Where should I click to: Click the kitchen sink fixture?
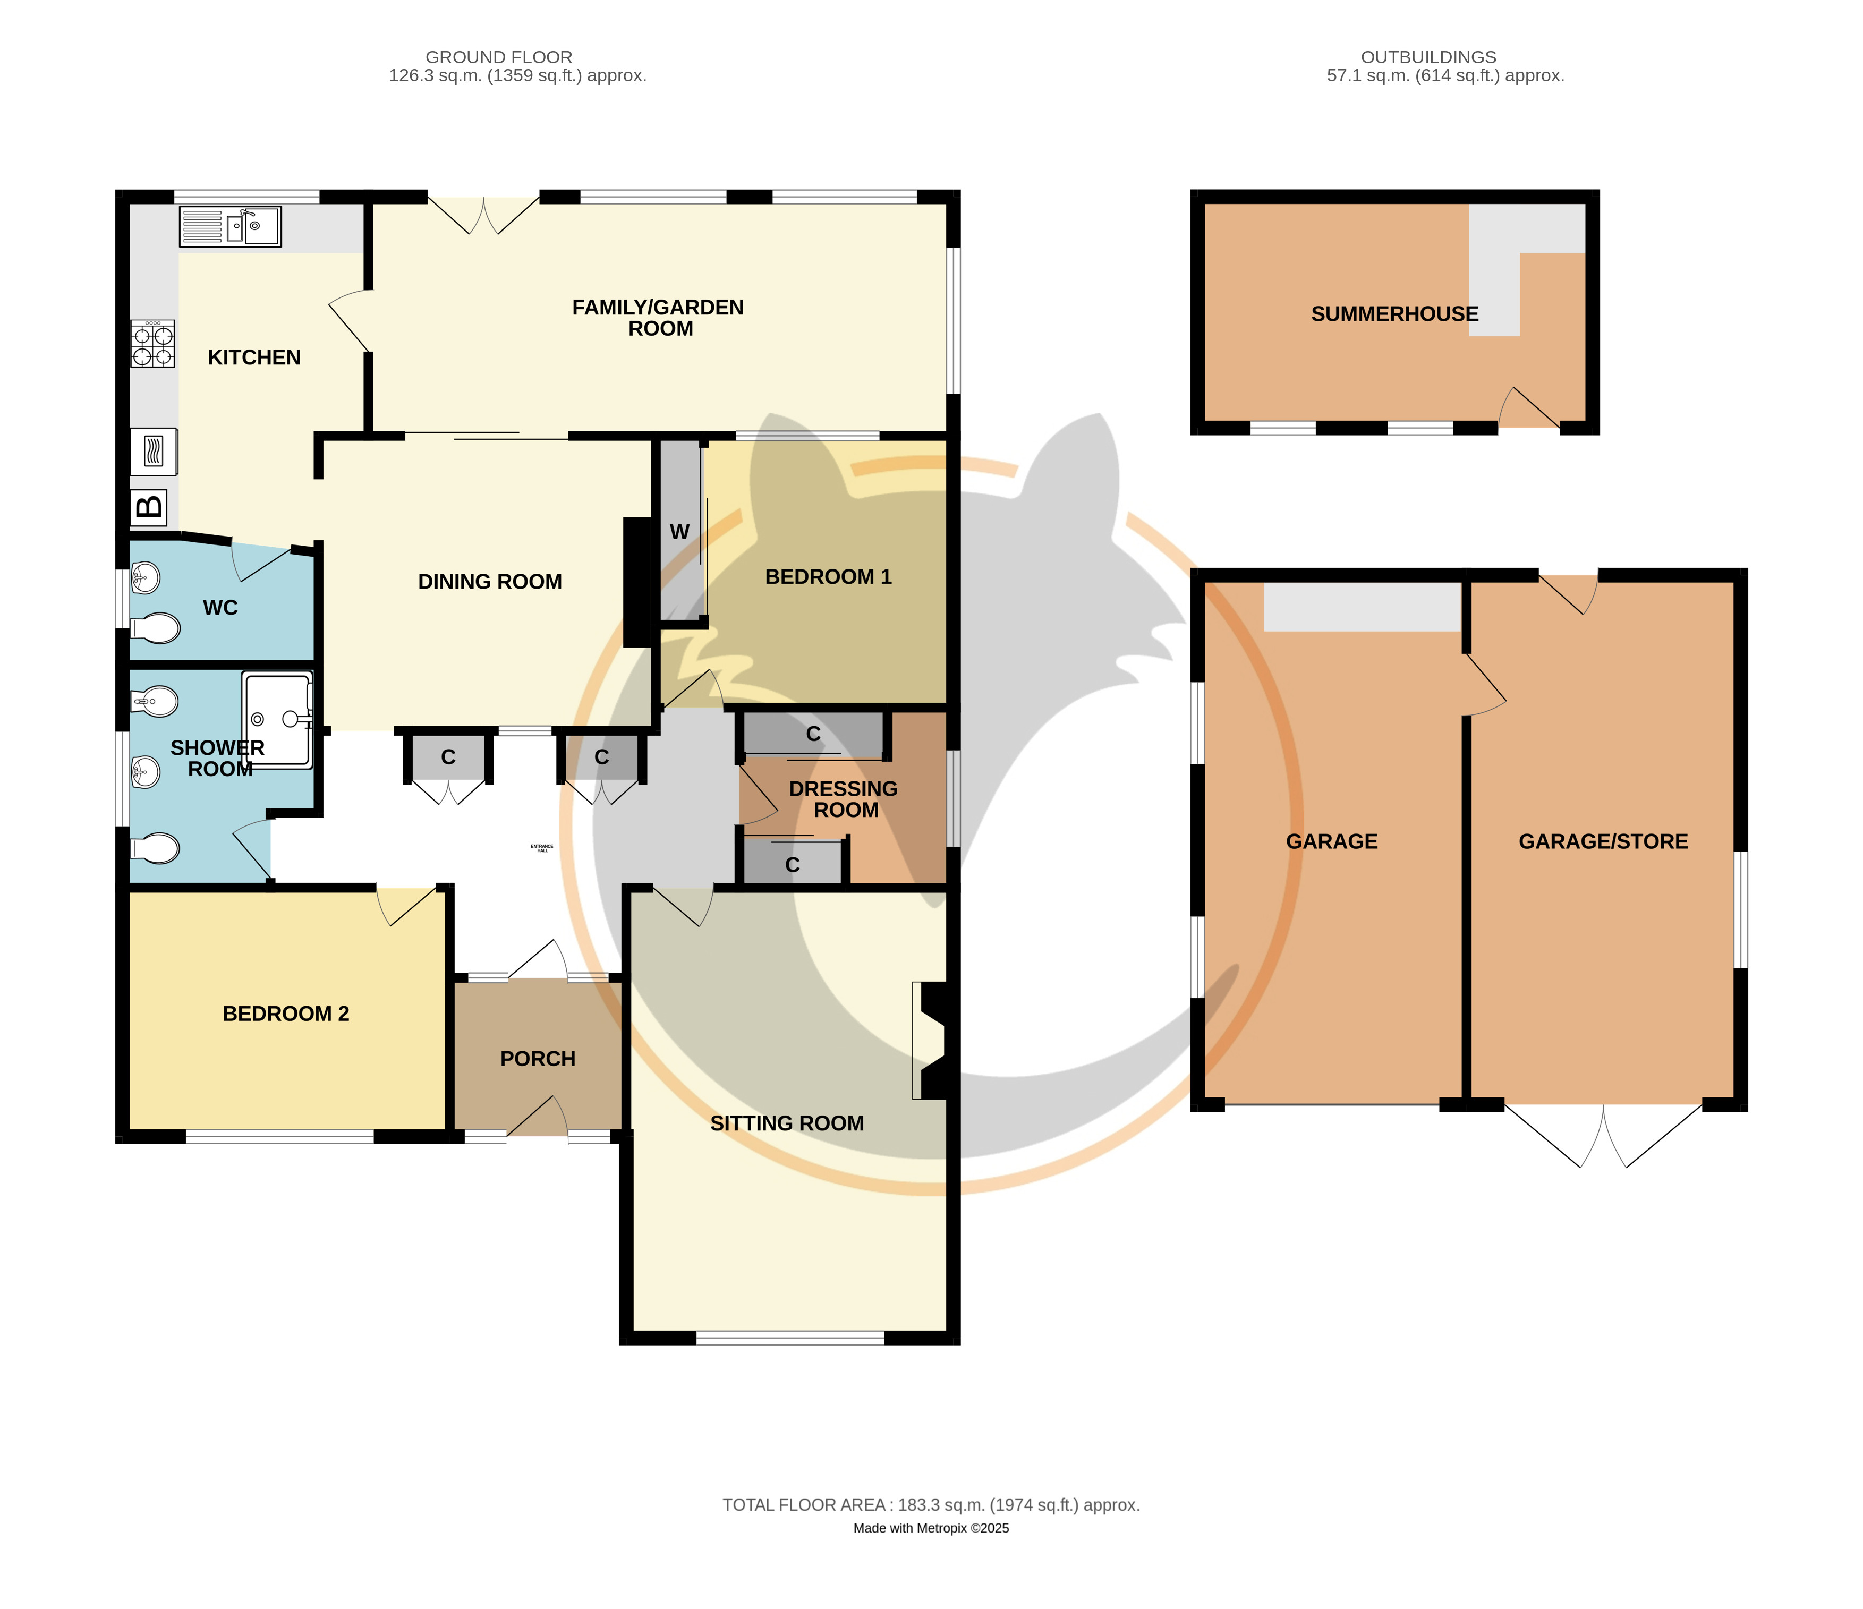[x=230, y=226]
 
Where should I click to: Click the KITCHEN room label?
[x=254, y=357]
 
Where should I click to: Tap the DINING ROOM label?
[x=490, y=582]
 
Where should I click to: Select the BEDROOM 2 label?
[x=286, y=1014]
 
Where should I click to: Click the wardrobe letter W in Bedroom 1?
[x=680, y=532]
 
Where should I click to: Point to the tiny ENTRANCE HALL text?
[x=542, y=848]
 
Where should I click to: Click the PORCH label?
[x=538, y=1059]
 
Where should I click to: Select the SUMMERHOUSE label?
[x=1394, y=314]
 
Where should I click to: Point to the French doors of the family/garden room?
[x=484, y=215]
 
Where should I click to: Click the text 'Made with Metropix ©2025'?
[x=932, y=1528]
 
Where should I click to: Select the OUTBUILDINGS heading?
[x=1428, y=57]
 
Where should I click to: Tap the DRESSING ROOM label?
[x=844, y=799]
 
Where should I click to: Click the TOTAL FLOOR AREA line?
[x=932, y=1505]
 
